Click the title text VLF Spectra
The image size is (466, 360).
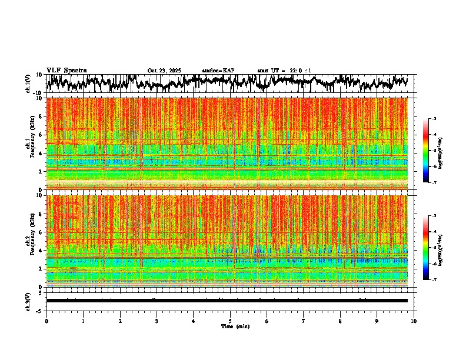tap(66, 70)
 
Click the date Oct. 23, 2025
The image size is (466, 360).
tap(164, 71)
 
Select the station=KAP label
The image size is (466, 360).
tap(218, 71)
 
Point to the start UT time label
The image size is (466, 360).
tap(284, 71)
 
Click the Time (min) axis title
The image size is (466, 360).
tap(235, 326)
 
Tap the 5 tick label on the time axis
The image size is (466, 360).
tap(230, 321)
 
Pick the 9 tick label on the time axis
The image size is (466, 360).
tap(377, 321)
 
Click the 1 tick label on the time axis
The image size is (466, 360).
tap(83, 321)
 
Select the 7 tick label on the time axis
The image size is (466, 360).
tap(304, 321)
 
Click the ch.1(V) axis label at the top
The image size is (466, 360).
tap(29, 84)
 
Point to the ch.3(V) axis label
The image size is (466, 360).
tap(29, 300)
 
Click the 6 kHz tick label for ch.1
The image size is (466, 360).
tap(41, 135)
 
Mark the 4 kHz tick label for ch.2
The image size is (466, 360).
tap(41, 250)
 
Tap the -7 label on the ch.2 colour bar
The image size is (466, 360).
tap(434, 280)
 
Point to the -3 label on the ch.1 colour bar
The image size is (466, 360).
tap(434, 119)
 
